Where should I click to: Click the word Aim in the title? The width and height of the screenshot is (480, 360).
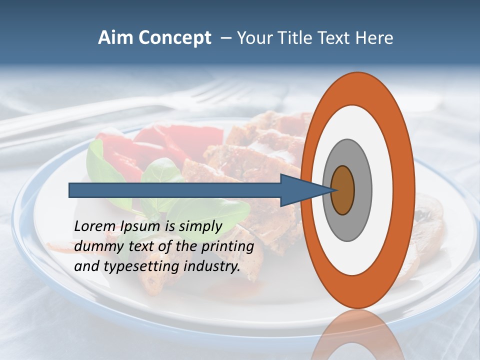[116, 38]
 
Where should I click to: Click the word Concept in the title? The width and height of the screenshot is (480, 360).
[175, 38]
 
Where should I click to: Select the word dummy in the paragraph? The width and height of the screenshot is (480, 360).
[97, 246]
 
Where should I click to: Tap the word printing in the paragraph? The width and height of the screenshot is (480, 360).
[228, 247]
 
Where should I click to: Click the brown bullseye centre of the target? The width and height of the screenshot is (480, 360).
[343, 190]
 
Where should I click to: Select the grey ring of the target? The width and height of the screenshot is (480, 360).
[362, 190]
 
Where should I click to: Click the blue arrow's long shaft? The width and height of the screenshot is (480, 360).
[175, 190]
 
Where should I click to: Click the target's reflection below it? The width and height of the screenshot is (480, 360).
[358, 335]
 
